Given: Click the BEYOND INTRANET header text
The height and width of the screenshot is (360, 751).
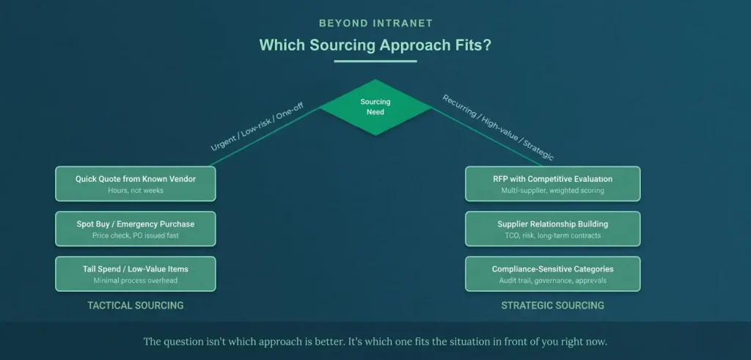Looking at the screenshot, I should pyautogui.click(x=375, y=23).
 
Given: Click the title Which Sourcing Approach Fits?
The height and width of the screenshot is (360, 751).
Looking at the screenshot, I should pyautogui.click(x=375, y=45).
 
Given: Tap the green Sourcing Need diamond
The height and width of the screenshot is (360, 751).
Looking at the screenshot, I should pyautogui.click(x=375, y=107).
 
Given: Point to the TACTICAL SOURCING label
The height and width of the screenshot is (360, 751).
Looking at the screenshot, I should pyautogui.click(x=136, y=305).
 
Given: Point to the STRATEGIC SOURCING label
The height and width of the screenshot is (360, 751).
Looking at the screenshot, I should pyautogui.click(x=552, y=305).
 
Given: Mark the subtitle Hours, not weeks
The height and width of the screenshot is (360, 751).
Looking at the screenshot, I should pyautogui.click(x=136, y=191).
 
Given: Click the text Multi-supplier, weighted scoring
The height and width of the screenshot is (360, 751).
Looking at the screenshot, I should pyautogui.click(x=552, y=191).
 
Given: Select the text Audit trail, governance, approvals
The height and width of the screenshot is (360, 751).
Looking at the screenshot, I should pyautogui.click(x=552, y=281).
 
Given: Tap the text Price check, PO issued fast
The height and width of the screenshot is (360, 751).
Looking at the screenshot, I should pyautogui.click(x=136, y=235).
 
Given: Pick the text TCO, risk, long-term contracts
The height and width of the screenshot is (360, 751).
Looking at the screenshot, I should pyautogui.click(x=552, y=235).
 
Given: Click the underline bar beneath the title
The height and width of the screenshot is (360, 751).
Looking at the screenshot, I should pyautogui.click(x=375, y=61).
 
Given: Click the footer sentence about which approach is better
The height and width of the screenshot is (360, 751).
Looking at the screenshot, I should pyautogui.click(x=375, y=342).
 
